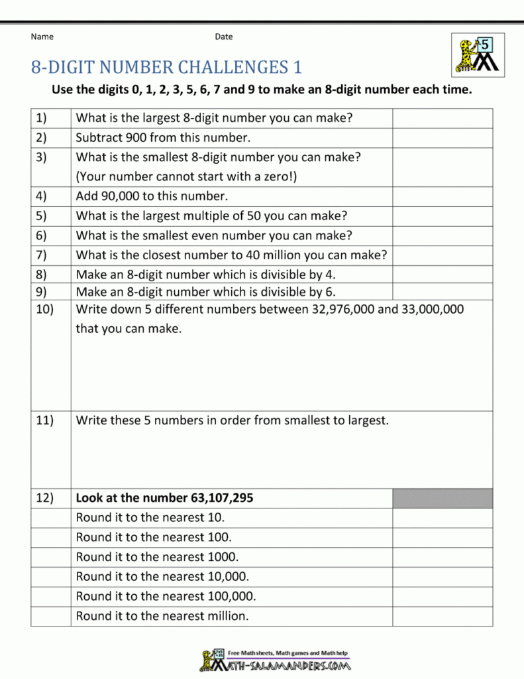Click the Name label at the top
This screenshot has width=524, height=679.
(42, 36)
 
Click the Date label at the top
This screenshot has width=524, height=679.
(224, 36)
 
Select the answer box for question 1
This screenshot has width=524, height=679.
(443, 119)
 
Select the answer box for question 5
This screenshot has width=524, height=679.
(443, 216)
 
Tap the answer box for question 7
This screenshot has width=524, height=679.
(443, 255)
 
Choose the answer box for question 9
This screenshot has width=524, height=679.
(443, 292)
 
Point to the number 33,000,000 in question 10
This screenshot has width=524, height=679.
(433, 310)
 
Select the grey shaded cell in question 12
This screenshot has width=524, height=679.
(443, 498)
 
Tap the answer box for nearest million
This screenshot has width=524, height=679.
(443, 616)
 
